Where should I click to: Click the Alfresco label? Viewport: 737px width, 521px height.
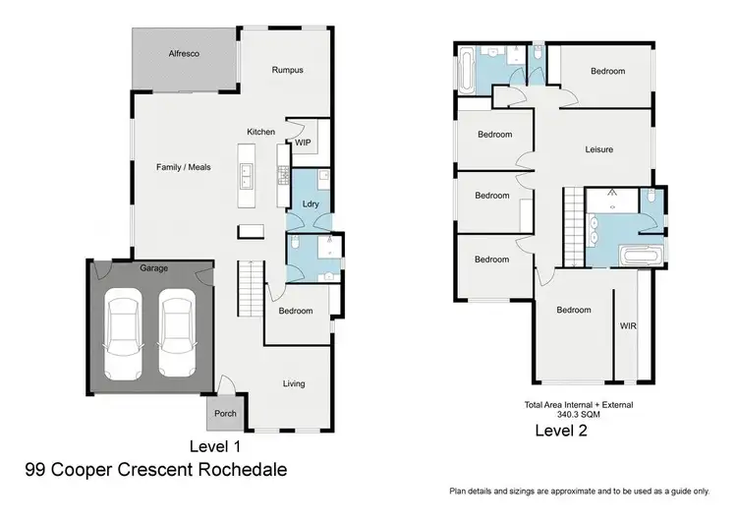click(x=184, y=54)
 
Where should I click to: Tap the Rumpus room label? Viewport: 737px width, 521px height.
click(x=287, y=70)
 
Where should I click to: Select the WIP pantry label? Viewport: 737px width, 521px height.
click(x=304, y=142)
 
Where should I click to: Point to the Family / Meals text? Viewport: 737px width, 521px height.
click(x=184, y=168)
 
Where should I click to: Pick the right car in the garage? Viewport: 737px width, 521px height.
click(x=179, y=325)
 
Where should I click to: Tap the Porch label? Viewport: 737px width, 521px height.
click(x=225, y=414)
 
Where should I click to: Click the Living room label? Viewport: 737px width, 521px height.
click(x=294, y=383)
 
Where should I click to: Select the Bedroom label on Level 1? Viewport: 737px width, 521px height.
click(x=295, y=311)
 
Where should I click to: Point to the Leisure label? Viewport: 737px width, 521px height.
click(x=599, y=149)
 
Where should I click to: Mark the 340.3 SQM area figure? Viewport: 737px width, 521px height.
click(x=578, y=415)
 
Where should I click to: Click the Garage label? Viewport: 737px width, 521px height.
click(x=153, y=267)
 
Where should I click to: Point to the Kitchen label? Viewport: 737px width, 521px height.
click(x=260, y=132)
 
